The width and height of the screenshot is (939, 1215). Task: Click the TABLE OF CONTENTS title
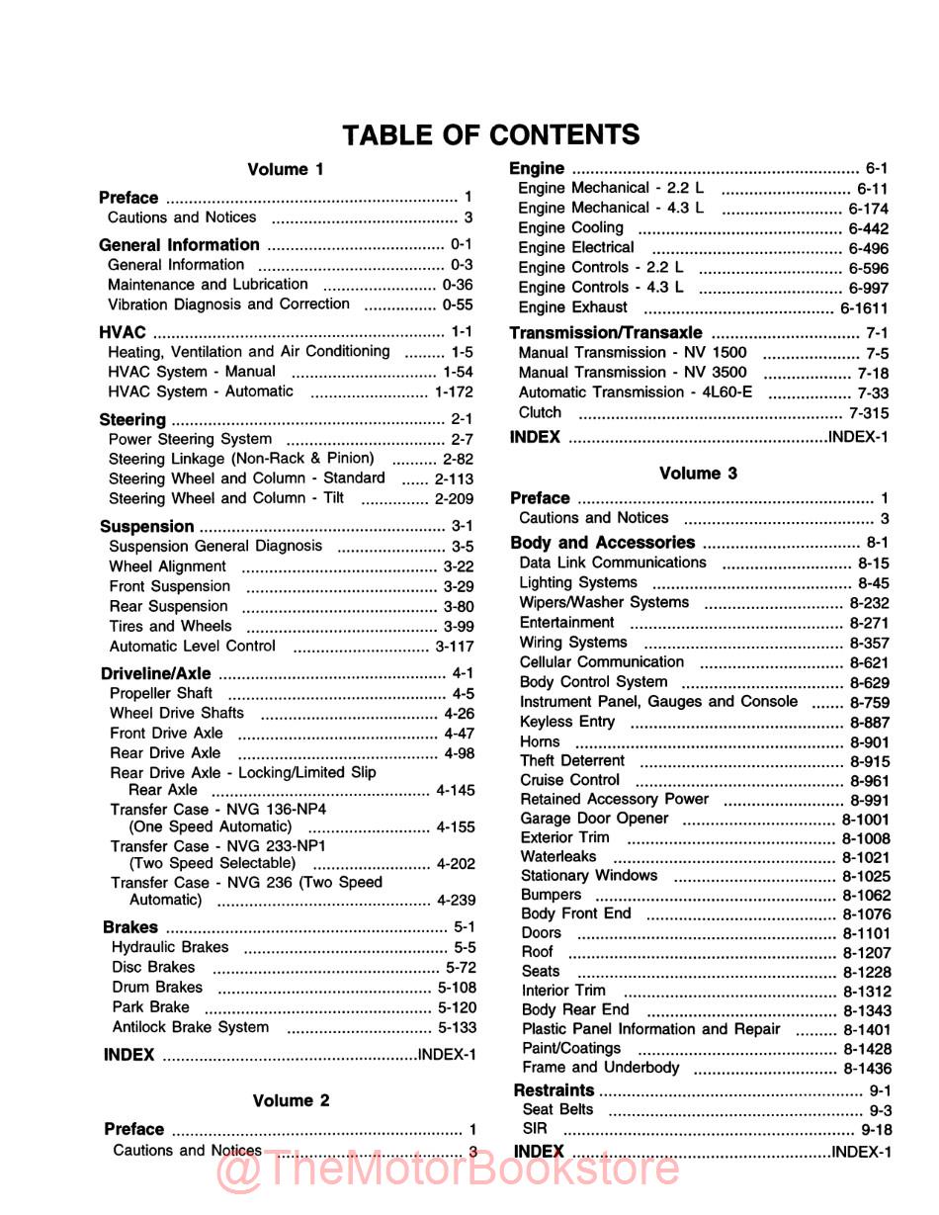click(490, 134)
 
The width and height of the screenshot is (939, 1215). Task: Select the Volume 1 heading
click(285, 170)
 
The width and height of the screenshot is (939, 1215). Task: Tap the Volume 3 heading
click(698, 474)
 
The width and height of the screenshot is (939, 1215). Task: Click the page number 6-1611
click(864, 308)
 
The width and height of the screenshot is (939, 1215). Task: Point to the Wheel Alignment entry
click(167, 566)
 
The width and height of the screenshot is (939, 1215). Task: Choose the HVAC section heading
click(123, 332)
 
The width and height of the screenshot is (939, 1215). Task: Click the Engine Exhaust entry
click(572, 307)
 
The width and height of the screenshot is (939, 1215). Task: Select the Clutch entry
click(540, 413)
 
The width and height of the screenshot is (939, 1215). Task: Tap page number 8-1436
click(867, 1069)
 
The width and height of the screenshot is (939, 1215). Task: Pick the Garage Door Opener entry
click(594, 819)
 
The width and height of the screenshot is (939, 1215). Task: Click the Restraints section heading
click(554, 1090)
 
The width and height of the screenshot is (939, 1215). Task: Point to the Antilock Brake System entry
click(190, 1027)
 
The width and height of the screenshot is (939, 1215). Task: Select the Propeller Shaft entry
click(160, 693)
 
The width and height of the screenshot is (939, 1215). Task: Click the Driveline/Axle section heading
click(156, 673)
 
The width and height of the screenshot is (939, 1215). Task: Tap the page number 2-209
click(454, 499)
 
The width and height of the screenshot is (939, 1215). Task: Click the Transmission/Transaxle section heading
click(606, 333)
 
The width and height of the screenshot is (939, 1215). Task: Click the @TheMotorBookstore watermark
click(447, 1170)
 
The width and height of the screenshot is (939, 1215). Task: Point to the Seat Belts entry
click(557, 1110)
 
